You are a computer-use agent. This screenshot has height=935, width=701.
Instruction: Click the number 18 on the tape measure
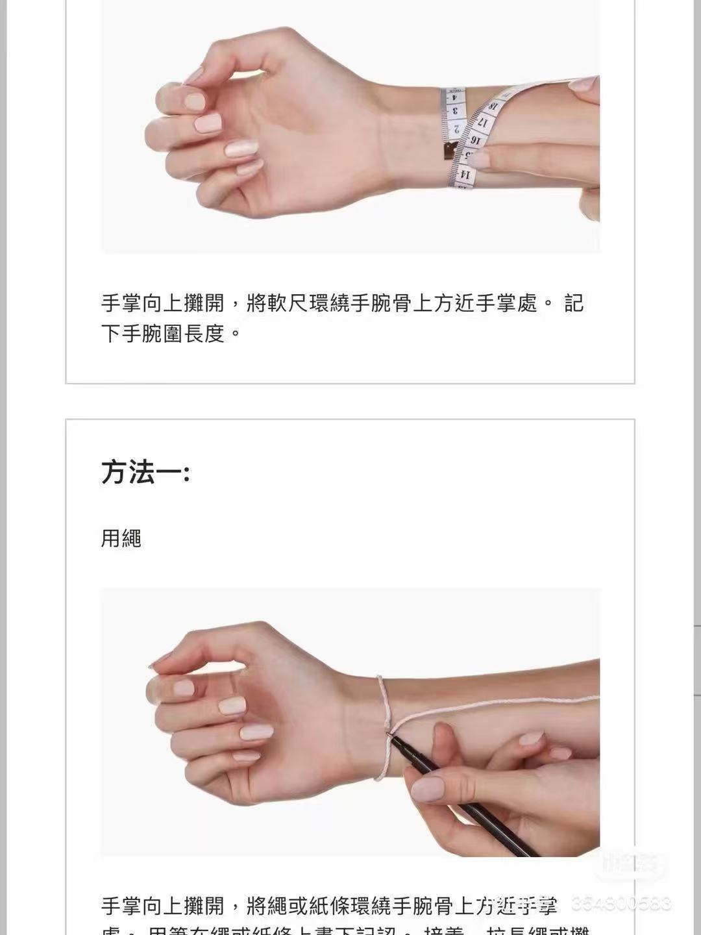(x=495, y=106)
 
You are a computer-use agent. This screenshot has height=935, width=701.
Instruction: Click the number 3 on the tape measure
(x=454, y=110)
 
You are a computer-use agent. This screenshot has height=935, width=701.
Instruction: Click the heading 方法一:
(x=145, y=472)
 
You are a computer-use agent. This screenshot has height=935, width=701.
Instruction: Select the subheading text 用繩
(x=121, y=538)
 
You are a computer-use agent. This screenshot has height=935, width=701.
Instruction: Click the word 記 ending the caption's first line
(x=574, y=303)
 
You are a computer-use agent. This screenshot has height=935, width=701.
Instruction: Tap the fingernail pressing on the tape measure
(x=479, y=160)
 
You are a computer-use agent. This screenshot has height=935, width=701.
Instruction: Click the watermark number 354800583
(x=621, y=904)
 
